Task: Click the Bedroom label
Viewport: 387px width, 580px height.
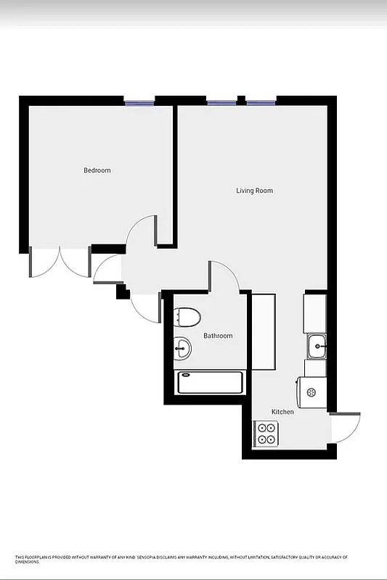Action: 97,170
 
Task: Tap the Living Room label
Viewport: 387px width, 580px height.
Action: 254,191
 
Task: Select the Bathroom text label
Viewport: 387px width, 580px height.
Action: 218,336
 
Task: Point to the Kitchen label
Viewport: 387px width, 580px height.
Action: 282,412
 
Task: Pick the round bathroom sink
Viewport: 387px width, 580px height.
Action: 182,349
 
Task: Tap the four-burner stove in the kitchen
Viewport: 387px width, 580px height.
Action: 266,434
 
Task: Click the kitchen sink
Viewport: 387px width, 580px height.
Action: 317,347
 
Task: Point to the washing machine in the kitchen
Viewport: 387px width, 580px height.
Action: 311,392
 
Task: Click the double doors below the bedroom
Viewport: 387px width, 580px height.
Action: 60,262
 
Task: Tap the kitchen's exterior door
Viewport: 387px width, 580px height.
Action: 346,428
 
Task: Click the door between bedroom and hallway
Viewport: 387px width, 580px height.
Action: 142,233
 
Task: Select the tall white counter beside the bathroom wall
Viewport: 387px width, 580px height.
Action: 263,331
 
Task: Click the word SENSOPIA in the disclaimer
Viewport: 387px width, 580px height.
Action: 152,557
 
